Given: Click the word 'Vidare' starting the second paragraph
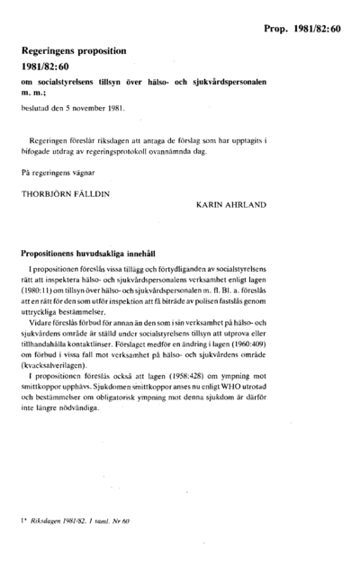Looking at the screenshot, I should coord(40,320).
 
